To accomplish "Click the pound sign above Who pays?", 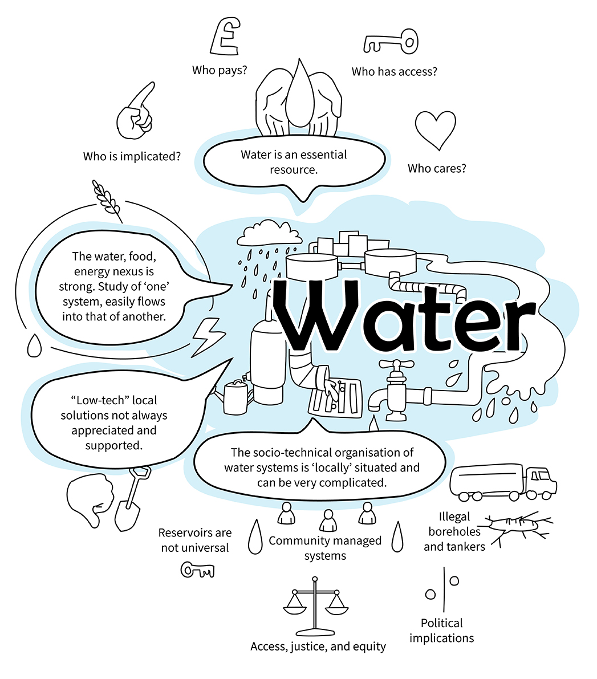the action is click(x=225, y=36).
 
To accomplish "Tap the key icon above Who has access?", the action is click(x=391, y=42).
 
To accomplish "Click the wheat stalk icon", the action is click(x=107, y=201).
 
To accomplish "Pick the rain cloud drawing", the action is click(x=270, y=233).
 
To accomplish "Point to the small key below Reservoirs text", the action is click(x=197, y=570).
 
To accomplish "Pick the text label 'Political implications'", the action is click(x=442, y=631).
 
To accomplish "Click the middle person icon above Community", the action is click(x=328, y=520).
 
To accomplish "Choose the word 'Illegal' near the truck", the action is click(x=454, y=517).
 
